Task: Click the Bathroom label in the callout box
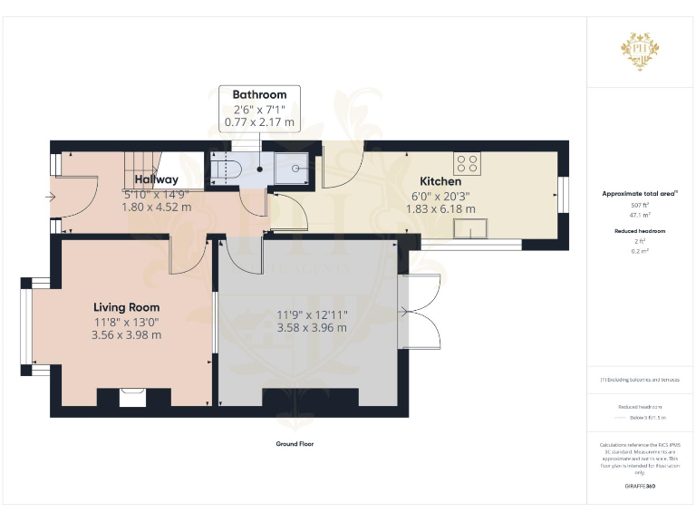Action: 259,94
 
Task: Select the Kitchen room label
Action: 440,181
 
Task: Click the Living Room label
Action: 126,307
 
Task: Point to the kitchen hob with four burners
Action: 468,164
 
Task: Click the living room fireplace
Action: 132,397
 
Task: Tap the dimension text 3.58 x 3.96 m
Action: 311,328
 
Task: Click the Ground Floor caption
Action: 295,444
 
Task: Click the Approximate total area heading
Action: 639,193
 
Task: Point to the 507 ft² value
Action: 640,205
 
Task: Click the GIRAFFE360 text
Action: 640,487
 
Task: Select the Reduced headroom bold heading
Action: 640,231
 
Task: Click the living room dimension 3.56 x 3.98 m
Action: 126,334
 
